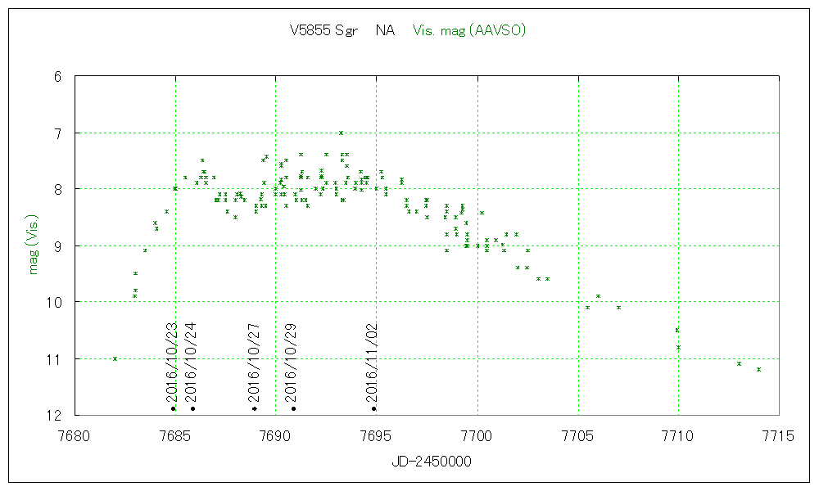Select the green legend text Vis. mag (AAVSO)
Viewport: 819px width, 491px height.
pos(469,31)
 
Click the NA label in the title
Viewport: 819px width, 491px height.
pos(385,31)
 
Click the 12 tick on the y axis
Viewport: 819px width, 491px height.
pos(55,416)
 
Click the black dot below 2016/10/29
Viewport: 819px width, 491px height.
pos(293,408)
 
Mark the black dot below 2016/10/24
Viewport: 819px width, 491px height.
pos(192,408)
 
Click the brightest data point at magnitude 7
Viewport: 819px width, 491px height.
pos(341,133)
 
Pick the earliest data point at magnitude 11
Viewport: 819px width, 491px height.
pos(115,358)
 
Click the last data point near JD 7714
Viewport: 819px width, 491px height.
pos(759,369)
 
